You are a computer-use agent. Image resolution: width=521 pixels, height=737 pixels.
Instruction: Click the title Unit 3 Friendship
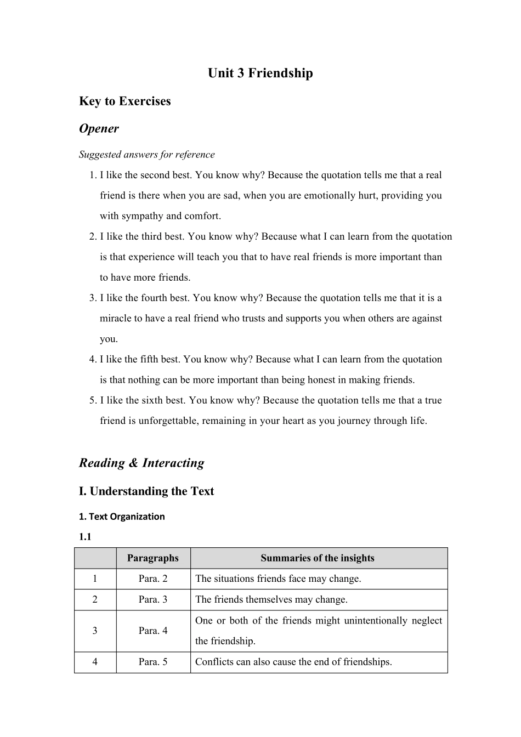pyautogui.click(x=260, y=73)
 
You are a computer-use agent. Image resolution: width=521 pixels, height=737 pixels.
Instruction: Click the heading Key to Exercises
pyautogui.click(x=124, y=101)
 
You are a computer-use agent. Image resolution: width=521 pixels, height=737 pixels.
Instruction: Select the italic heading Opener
pyautogui.click(x=99, y=128)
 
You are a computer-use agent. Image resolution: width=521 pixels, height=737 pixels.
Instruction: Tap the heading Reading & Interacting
pyautogui.click(x=141, y=463)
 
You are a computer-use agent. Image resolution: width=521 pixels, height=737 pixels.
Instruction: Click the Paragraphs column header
pyautogui.click(x=152, y=558)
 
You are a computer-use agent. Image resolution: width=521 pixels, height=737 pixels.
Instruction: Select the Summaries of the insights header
pyautogui.click(x=317, y=558)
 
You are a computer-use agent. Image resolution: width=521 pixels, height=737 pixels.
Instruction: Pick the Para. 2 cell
pyautogui.click(x=152, y=579)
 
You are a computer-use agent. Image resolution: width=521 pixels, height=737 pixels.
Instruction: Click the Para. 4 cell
pyautogui.click(x=152, y=631)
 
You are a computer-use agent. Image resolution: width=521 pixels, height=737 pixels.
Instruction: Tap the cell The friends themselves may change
pyautogui.click(x=271, y=599)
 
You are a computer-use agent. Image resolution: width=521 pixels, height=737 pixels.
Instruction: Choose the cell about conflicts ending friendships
pyautogui.click(x=293, y=662)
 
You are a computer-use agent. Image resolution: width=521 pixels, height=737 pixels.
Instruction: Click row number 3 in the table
pyautogui.click(x=95, y=631)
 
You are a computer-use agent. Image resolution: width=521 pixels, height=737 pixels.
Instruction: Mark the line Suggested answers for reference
pyautogui.click(x=146, y=154)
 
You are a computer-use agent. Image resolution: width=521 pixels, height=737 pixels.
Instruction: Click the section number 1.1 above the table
pyautogui.click(x=85, y=537)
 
